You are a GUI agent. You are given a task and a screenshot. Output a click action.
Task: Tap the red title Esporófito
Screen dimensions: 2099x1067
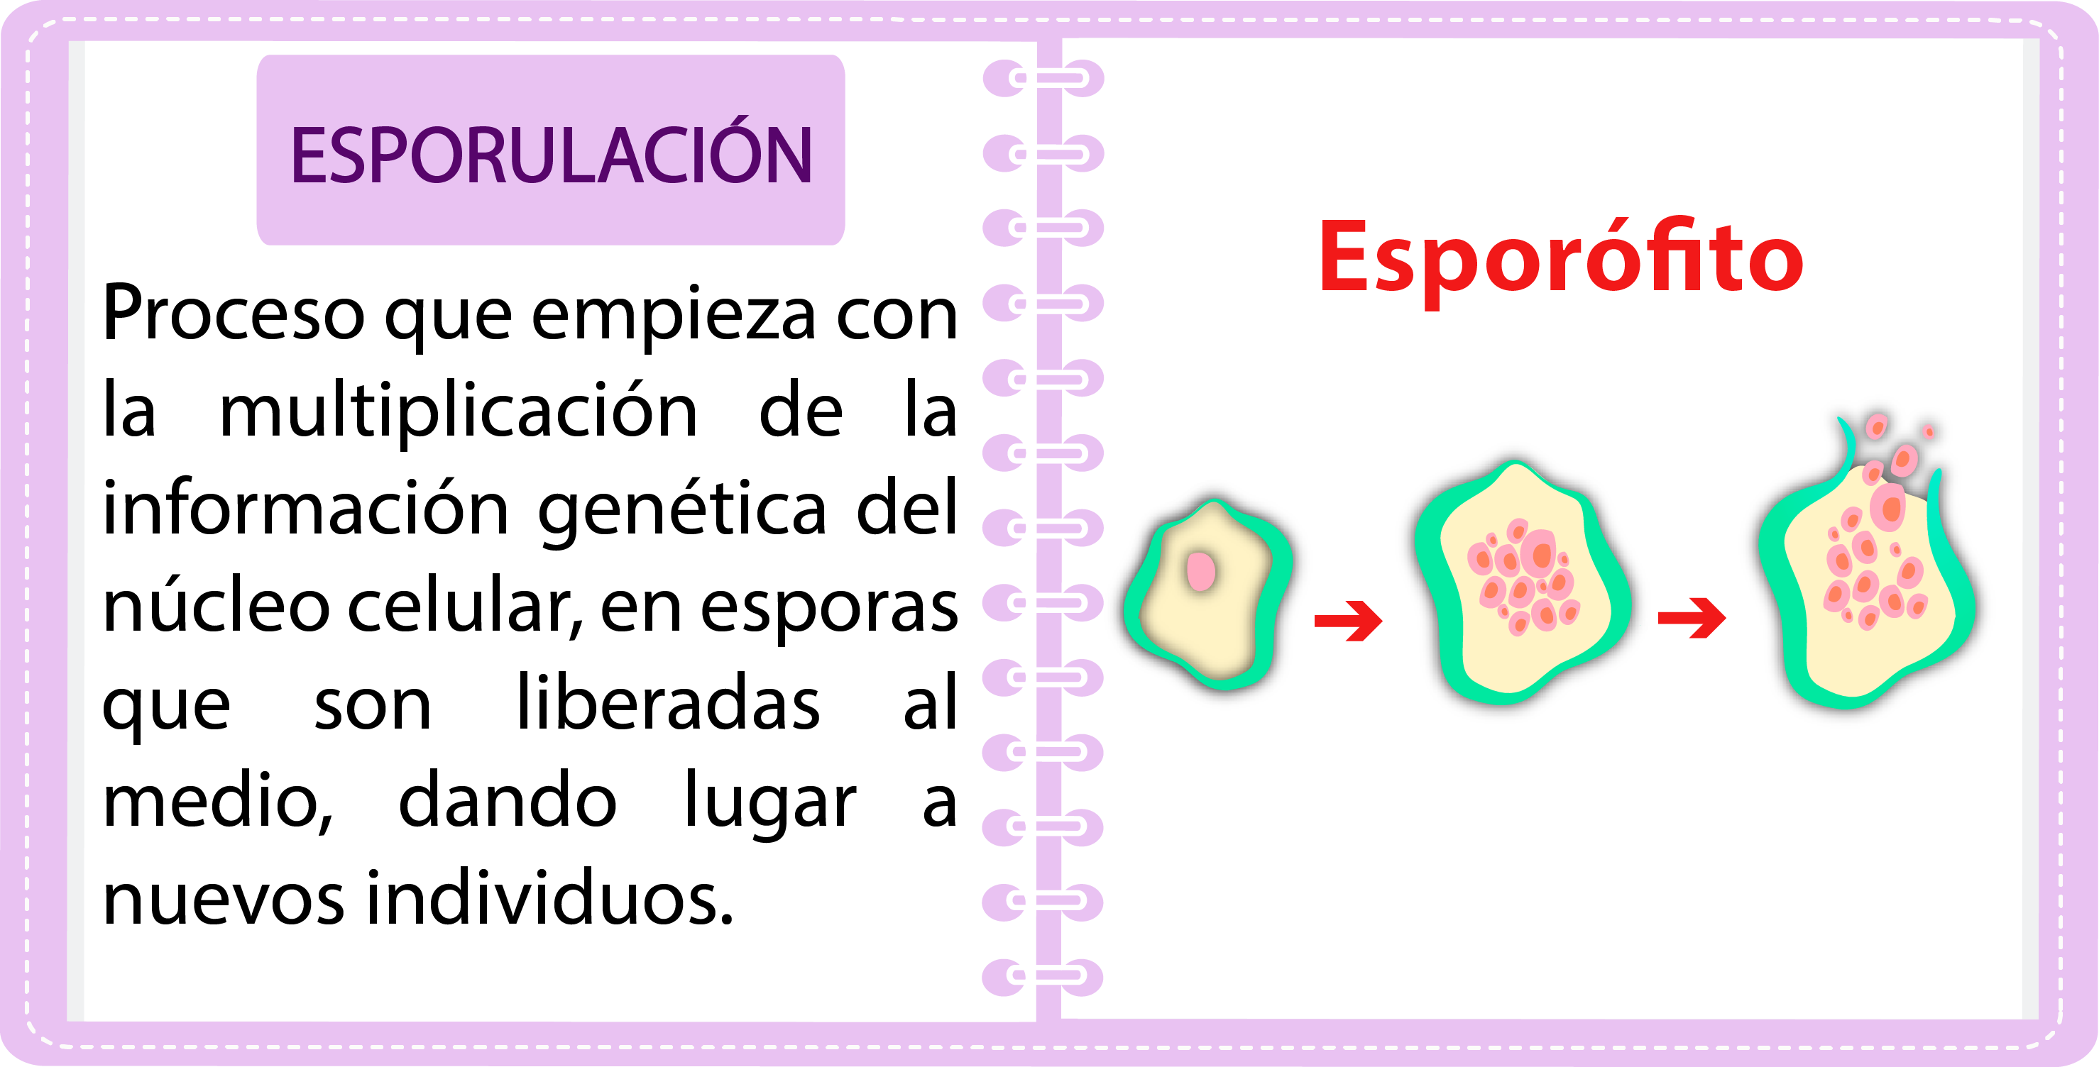[x=1561, y=259]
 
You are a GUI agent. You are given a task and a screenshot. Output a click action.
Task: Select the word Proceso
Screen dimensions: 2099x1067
[x=234, y=313]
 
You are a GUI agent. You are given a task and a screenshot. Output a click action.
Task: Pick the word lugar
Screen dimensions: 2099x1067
[x=770, y=805]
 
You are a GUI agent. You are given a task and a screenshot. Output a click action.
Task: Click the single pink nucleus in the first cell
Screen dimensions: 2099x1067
[x=1201, y=571]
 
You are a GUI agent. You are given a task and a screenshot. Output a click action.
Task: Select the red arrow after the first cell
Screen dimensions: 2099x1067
[x=1348, y=621]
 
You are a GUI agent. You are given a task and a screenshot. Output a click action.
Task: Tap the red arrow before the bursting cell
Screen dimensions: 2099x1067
[x=1692, y=617]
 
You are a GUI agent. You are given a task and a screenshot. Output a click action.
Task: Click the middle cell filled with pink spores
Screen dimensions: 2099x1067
[x=1520, y=582]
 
